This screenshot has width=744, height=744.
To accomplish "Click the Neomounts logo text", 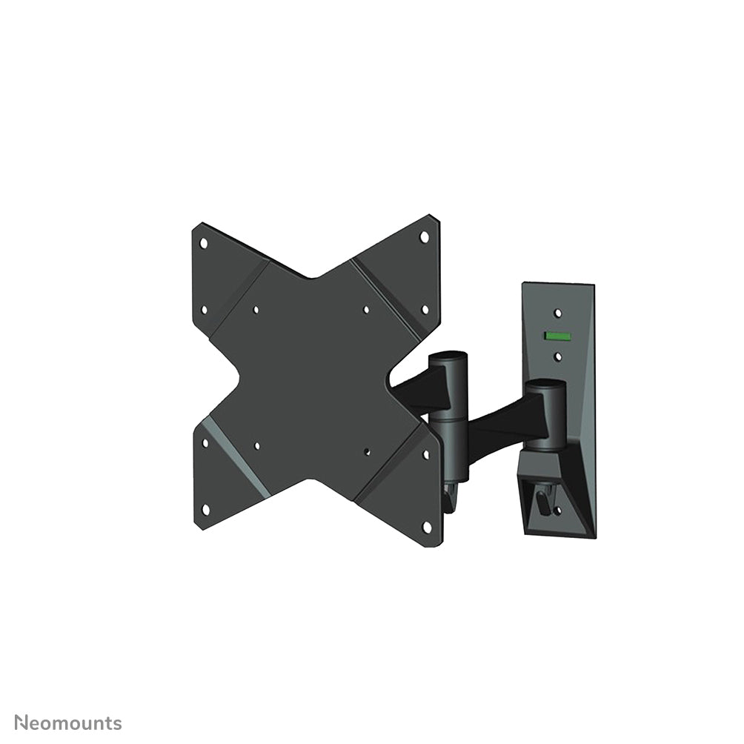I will (69, 723).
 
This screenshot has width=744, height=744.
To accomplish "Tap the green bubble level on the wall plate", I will (557, 336).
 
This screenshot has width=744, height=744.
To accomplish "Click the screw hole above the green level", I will (558, 313).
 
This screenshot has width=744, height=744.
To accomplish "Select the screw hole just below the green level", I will (558, 357).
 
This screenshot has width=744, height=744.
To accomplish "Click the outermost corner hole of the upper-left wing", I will (204, 242).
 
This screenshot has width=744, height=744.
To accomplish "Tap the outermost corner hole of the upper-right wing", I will (425, 237).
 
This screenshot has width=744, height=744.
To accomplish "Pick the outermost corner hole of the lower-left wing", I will (205, 509).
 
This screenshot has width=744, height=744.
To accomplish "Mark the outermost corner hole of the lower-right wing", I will (426, 525).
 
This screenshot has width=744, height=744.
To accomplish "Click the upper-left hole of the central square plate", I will (256, 310).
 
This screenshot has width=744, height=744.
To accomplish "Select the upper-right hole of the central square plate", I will (366, 310).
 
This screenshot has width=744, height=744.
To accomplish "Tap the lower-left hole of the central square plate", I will (256, 446).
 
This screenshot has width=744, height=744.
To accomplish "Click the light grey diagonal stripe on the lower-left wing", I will (237, 455).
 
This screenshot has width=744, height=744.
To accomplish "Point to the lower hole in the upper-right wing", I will (425, 309).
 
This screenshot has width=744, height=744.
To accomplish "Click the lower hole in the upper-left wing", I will (205, 310).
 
